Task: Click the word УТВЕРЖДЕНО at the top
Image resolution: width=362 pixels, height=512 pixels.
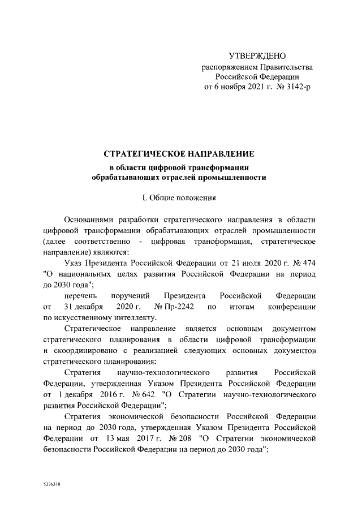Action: point(257,56)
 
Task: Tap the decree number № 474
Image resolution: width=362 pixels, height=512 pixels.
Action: point(301,263)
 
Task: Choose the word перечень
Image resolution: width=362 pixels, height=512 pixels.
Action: point(80,296)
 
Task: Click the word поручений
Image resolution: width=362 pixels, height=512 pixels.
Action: point(131,296)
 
